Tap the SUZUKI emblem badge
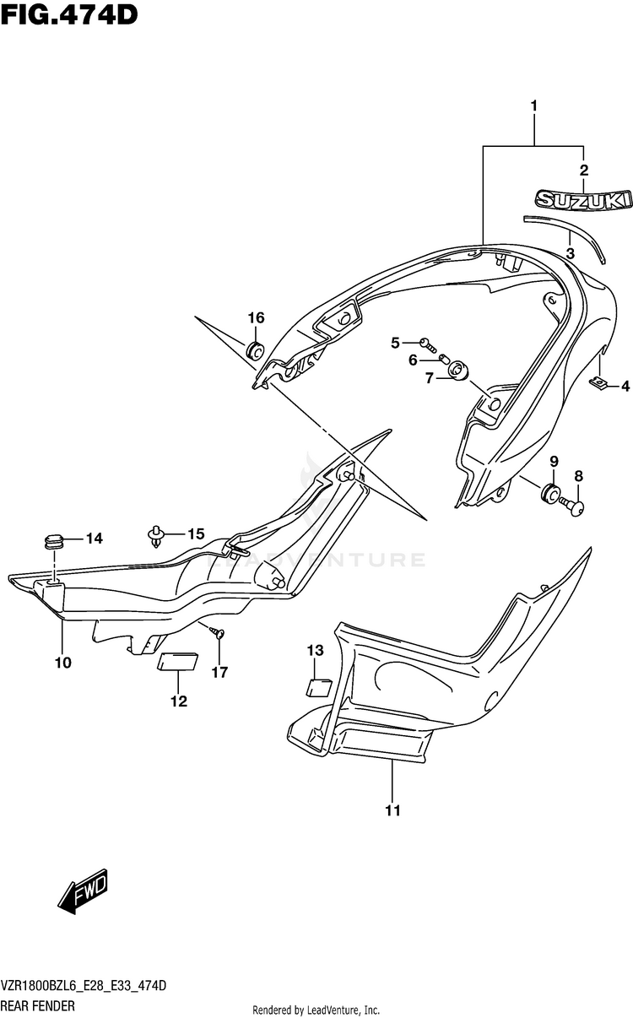(582, 200)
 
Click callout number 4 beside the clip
(625, 387)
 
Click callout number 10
(62, 663)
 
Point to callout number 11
(392, 811)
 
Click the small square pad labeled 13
(318, 685)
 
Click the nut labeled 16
(256, 349)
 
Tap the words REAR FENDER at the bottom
(38, 1005)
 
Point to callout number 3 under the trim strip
(570, 252)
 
